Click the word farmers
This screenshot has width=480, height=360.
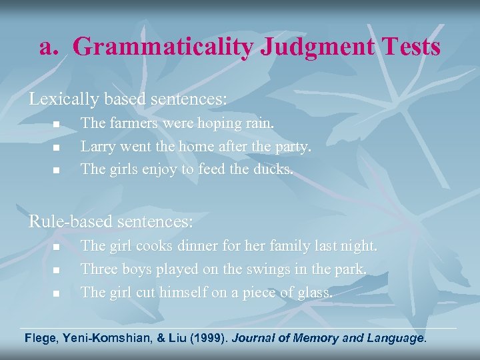(131, 123)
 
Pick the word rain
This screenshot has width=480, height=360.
(257, 123)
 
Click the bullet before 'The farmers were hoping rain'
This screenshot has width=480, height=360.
(57, 125)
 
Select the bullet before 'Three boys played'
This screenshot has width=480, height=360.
(57, 271)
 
